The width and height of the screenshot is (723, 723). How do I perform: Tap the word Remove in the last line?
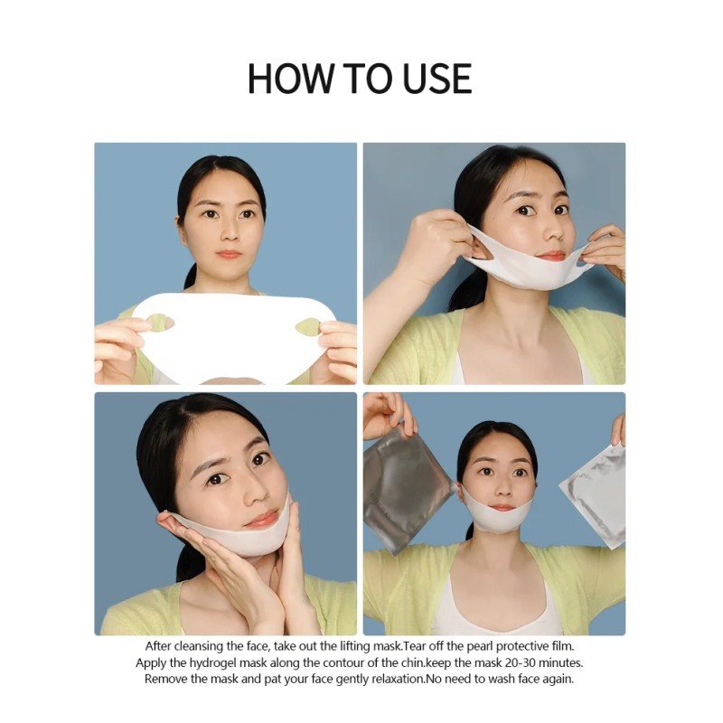pyautogui.click(x=167, y=679)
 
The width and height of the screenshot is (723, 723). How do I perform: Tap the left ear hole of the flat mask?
pyautogui.click(x=160, y=321)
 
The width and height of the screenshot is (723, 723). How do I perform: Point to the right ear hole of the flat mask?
pyautogui.click(x=307, y=325)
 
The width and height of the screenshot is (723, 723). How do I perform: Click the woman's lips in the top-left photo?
pyautogui.click(x=229, y=255)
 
